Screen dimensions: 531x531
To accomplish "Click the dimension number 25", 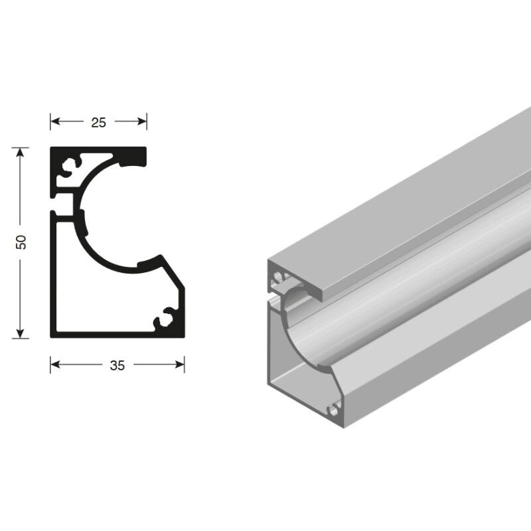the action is coord(98,122).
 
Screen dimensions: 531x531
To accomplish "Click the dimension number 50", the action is coord(21,242).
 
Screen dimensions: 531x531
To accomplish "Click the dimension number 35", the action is coord(117,366).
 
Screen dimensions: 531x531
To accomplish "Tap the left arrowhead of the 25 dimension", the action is coord(55,121).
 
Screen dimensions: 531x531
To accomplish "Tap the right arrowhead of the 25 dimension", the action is coord(142,121).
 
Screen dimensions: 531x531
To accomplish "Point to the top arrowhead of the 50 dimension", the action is coord(21,153).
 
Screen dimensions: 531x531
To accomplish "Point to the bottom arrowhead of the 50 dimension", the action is coord(21,333).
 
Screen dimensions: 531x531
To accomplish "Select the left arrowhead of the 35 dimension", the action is coord(55,364).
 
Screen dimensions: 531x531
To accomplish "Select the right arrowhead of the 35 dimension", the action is coord(179,364).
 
